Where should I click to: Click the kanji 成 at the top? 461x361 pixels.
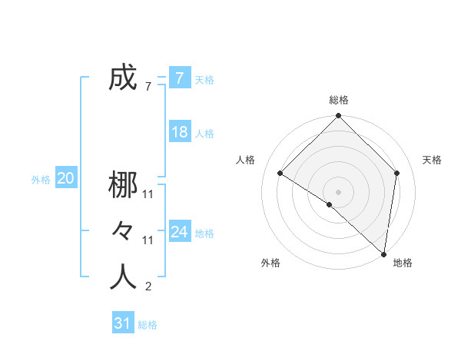123,78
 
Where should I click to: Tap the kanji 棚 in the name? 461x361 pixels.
123,185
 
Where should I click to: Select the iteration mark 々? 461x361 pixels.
123,231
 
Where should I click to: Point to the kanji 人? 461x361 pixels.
123,277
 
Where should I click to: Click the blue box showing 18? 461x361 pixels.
179,132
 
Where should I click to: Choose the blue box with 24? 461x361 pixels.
179,232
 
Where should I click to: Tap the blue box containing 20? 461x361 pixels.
65,179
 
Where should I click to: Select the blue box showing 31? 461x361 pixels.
122,323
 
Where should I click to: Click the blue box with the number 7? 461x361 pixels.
179,78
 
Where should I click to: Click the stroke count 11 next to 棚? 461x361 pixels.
148,195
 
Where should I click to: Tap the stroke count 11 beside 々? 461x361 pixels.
148,241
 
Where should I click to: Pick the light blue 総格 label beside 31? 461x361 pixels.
148,325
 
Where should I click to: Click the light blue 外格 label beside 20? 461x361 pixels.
41,180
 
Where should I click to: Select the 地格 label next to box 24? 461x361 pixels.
205,233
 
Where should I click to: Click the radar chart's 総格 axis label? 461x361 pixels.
339,100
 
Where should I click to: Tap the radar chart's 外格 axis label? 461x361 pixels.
270,263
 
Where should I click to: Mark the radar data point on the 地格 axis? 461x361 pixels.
383,253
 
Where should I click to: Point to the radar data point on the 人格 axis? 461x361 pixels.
280,173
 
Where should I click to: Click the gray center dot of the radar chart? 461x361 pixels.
338,192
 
